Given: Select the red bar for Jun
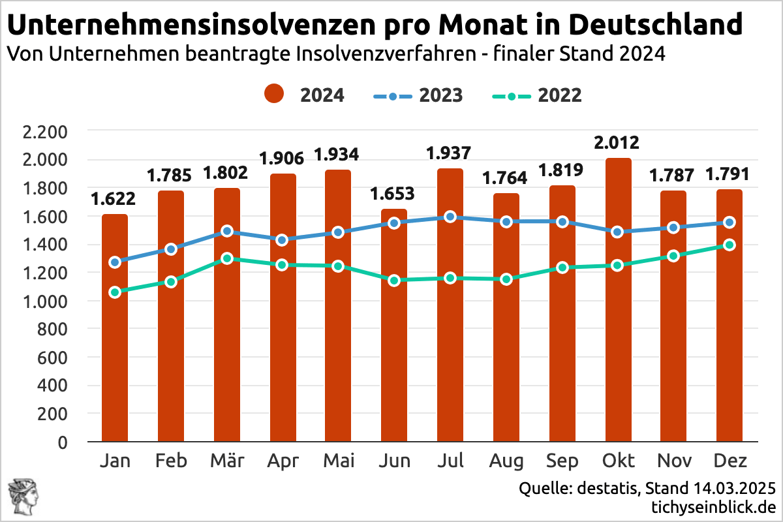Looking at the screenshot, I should (393, 326).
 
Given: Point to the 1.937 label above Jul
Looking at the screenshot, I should (450, 153).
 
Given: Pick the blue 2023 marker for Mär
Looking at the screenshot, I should (227, 231).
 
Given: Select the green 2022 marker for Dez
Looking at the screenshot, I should (729, 245).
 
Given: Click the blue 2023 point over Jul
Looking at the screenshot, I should (450, 217).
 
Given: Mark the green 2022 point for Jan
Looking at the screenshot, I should (115, 292).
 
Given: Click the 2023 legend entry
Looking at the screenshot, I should (418, 95).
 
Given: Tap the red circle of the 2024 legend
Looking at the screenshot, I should (274, 95).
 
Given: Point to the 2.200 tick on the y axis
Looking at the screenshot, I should (44, 132).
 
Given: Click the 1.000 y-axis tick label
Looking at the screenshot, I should (44, 301).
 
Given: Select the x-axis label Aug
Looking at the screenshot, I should (506, 461).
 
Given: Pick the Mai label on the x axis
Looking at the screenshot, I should (339, 461).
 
